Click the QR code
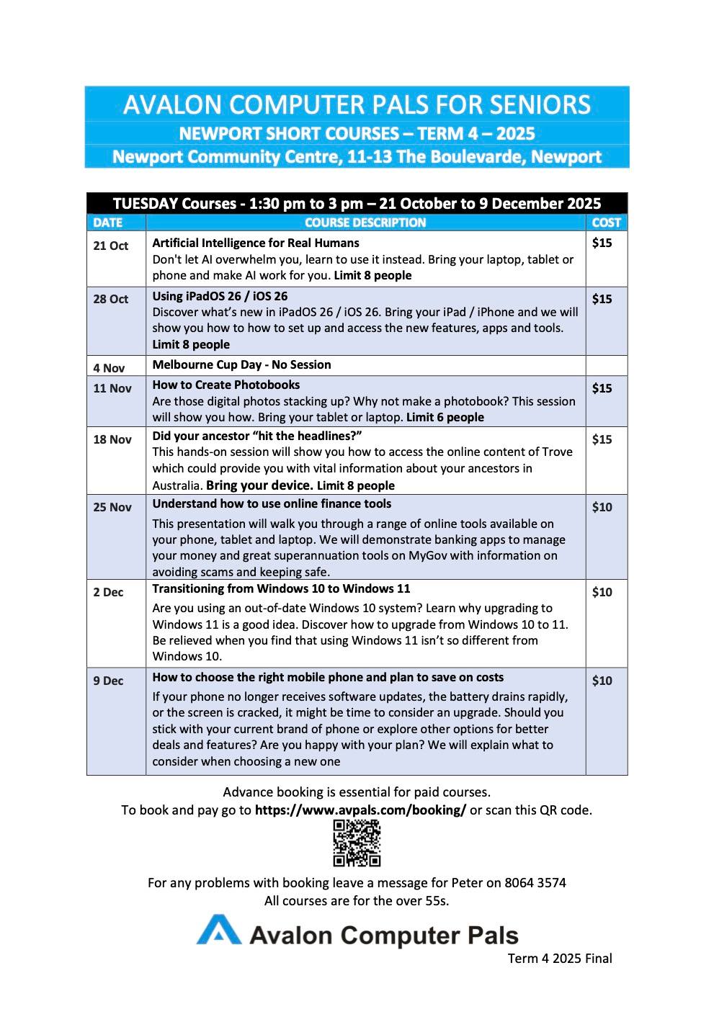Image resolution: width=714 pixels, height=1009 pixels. tap(357, 843)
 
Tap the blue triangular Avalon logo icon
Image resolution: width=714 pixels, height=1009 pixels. tap(218, 930)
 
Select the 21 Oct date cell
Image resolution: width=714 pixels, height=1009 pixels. tap(110, 246)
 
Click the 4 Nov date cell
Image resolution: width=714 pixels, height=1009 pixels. tap(109, 368)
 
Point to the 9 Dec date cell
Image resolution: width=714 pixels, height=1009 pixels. tap(108, 681)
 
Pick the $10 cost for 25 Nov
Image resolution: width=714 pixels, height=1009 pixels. tap(602, 507)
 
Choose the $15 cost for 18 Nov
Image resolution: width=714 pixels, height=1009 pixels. tap(602, 439)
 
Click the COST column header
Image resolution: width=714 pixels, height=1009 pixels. tap(606, 223)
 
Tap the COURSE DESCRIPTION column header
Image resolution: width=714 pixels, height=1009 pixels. tap(365, 223)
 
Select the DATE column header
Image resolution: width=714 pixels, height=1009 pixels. tap(108, 223)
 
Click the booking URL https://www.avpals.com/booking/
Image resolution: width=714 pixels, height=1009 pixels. tap(360, 810)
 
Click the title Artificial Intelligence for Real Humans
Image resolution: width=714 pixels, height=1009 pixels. tap(256, 243)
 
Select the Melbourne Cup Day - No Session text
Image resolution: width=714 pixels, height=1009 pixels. tap(241, 364)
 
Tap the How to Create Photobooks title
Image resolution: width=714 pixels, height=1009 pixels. tap(226, 385)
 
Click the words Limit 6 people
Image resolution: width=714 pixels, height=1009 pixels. tap(445, 417)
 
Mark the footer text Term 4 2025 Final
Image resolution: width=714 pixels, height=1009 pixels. tap(560, 959)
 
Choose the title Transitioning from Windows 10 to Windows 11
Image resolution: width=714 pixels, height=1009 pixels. tap(281, 588)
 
